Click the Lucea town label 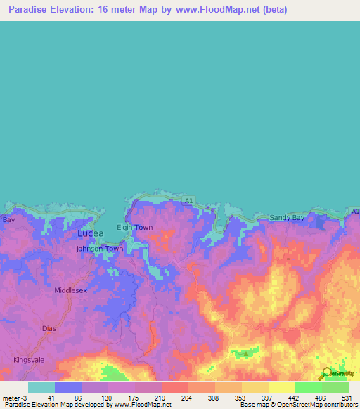point(90,233)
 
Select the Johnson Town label point(100,249)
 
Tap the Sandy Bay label point(287,219)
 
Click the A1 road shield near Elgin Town point(188,202)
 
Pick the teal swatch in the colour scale point(41,387)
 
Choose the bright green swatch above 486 point(308,387)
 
